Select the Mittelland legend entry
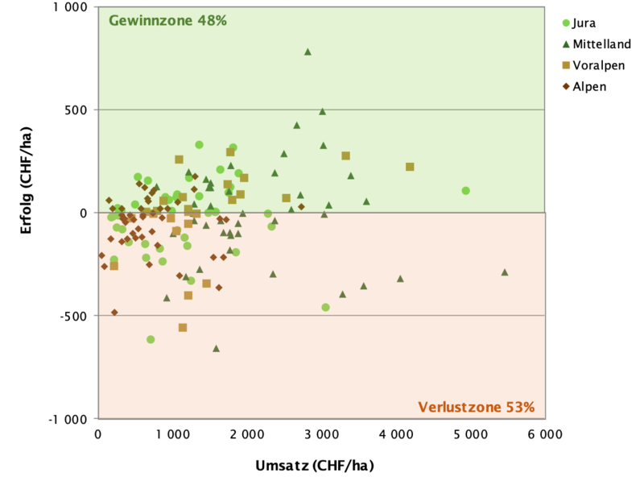(x=601, y=44)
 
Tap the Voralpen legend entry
(x=598, y=65)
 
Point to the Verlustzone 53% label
(x=476, y=407)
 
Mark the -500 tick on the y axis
(x=74, y=316)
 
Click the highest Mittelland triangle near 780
(x=308, y=52)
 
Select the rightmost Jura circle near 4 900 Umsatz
(x=465, y=191)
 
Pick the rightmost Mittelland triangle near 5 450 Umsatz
(x=505, y=272)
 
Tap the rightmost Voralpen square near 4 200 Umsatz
(x=410, y=167)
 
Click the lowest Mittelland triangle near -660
(x=216, y=348)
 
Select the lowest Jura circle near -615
(x=151, y=339)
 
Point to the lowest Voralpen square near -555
(x=183, y=327)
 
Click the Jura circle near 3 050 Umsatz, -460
(x=325, y=307)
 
